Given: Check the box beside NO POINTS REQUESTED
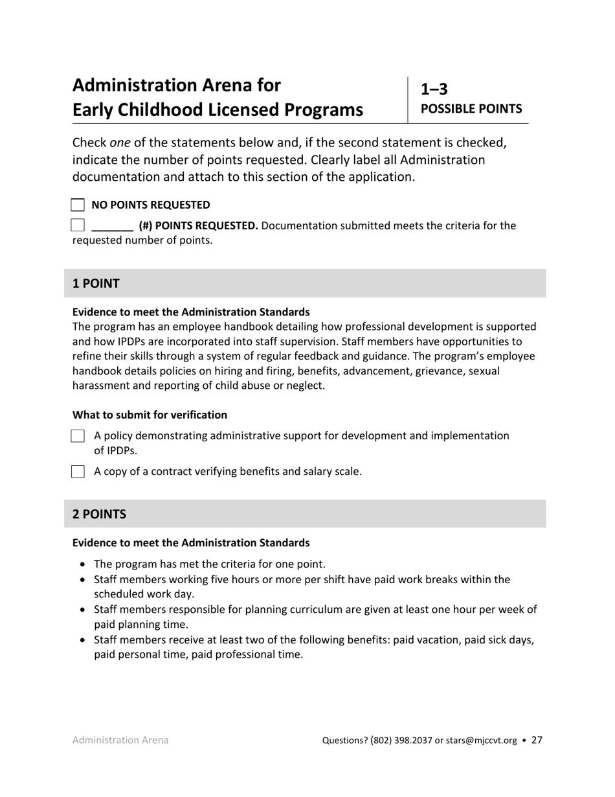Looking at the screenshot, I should [x=78, y=205].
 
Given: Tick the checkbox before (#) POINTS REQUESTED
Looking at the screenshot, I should [x=78, y=225].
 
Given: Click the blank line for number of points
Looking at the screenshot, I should [x=113, y=227].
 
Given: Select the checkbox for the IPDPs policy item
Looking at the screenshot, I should [x=78, y=436].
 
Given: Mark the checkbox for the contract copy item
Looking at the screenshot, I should [x=78, y=472].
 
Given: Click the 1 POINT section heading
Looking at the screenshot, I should [x=96, y=283].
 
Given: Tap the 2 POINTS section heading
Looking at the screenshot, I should [x=99, y=514].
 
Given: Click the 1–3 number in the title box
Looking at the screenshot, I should [x=434, y=89].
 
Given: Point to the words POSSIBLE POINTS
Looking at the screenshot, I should [x=471, y=109].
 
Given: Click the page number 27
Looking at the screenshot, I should [x=537, y=740].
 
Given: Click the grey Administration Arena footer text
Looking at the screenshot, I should [x=120, y=740].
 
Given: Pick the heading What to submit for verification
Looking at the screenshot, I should [x=150, y=415].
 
